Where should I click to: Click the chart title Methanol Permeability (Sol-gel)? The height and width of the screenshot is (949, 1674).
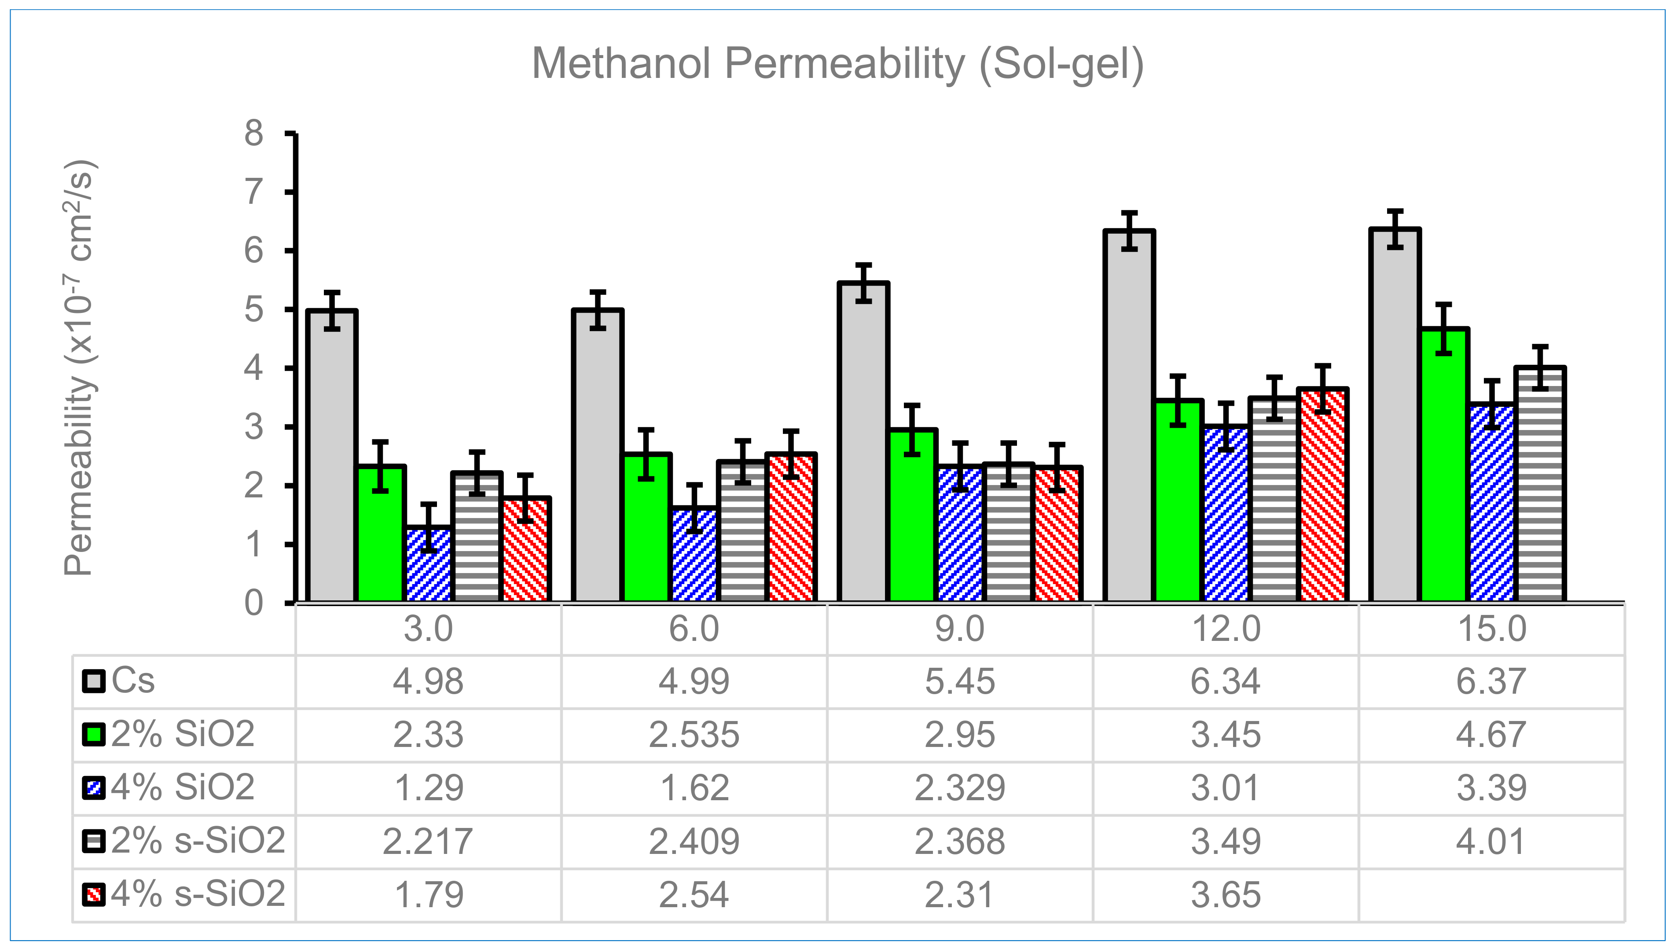(x=837, y=64)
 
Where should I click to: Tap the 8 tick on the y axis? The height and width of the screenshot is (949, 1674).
(x=253, y=134)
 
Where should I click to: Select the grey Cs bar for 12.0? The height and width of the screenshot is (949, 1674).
(x=1129, y=417)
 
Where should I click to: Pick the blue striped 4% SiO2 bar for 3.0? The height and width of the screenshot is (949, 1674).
(x=428, y=564)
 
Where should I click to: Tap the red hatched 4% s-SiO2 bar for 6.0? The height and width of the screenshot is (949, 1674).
(x=791, y=528)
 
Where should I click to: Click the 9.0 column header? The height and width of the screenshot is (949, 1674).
(x=959, y=629)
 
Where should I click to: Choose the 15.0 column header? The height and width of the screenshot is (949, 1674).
(x=1491, y=629)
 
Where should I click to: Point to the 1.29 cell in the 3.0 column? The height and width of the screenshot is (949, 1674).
(x=428, y=788)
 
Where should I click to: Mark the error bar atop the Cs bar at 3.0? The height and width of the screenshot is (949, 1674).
(x=332, y=310)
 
